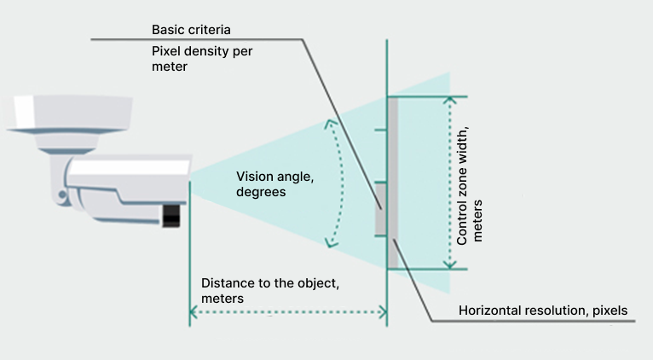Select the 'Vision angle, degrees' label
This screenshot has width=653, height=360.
268,184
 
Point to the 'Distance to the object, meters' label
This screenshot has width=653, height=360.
270,290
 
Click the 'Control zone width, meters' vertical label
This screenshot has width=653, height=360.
469,184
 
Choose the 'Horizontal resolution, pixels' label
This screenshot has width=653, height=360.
543,311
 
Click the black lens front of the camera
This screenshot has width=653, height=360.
173,216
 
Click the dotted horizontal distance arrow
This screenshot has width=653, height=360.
288,313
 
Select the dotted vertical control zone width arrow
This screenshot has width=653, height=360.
450,183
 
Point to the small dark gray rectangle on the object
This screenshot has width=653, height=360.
380,210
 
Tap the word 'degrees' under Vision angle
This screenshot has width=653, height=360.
260,193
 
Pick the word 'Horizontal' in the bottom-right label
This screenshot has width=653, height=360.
489,311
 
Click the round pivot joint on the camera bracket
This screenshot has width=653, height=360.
62,196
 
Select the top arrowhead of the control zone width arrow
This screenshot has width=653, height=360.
450,100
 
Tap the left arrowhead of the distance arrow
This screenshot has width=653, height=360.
194,313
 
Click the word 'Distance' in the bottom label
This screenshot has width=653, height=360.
226,282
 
